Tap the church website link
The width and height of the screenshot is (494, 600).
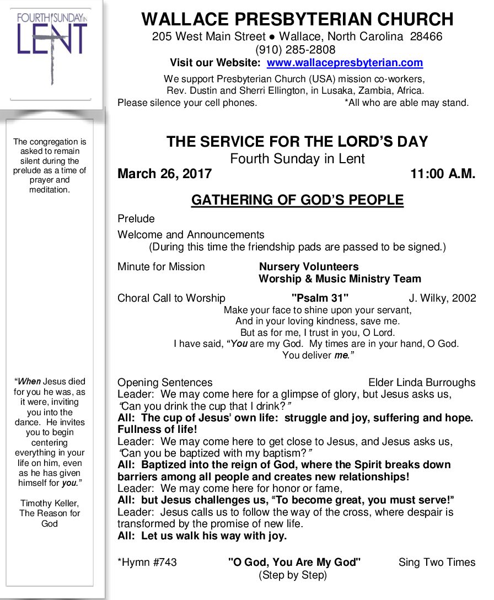click(x=345, y=63)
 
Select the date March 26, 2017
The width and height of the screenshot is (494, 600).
click(x=164, y=174)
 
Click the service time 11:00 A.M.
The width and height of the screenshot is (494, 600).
click(x=442, y=174)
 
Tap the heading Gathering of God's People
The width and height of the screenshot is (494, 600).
click(x=297, y=200)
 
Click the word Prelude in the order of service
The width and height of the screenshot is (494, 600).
click(x=136, y=219)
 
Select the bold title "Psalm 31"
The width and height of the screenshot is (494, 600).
click(x=320, y=298)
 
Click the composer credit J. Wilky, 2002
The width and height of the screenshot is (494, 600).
click(x=442, y=298)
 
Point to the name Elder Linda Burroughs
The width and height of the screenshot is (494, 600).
click(x=421, y=383)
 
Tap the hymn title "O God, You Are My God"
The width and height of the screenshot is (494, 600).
click(x=294, y=562)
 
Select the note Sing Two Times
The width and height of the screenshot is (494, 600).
click(x=437, y=562)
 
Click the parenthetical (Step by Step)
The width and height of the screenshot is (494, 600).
click(x=293, y=576)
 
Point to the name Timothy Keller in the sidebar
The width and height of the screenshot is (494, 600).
click(x=50, y=503)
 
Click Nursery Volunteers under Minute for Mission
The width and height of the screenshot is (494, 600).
click(x=309, y=267)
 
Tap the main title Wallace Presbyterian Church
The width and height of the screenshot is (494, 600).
click(x=297, y=19)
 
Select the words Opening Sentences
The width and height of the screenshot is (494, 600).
click(x=165, y=383)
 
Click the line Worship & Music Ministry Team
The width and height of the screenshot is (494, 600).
click(x=340, y=279)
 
